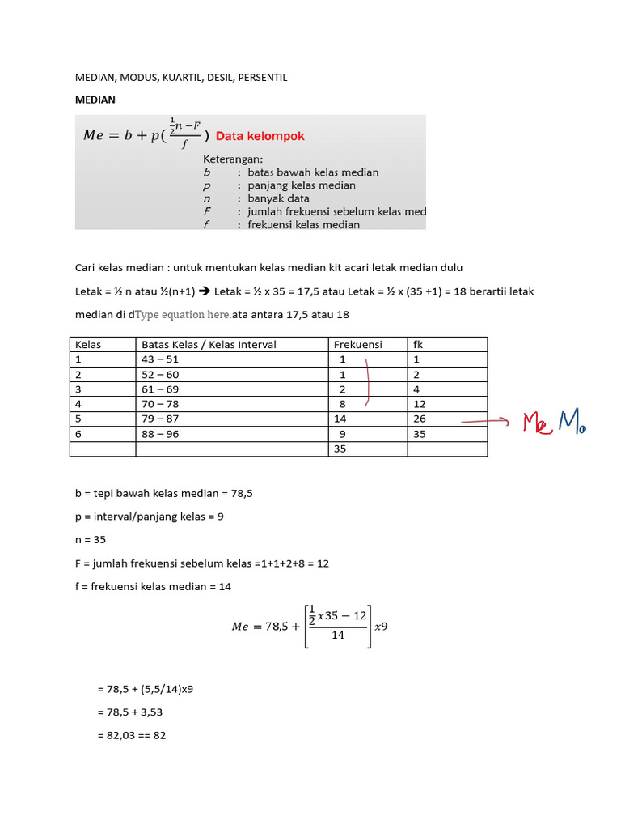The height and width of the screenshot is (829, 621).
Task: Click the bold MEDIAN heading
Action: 95,100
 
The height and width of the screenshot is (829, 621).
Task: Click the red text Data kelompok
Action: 260,136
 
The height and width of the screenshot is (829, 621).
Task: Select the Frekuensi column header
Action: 357,345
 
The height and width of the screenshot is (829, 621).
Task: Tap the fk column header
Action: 418,345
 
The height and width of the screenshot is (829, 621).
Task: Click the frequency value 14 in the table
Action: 340,419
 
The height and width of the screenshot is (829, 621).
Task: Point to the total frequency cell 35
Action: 340,449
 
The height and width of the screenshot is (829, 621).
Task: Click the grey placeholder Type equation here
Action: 184,315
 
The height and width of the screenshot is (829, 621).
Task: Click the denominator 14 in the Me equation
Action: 338,636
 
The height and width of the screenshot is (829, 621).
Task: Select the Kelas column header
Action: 88,345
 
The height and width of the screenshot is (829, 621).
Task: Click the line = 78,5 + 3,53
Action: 134,712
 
